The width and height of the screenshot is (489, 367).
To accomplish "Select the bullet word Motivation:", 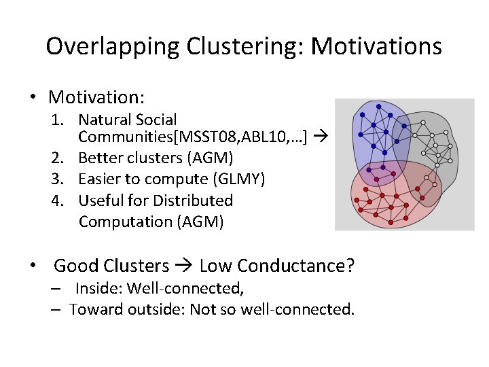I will click(97, 97).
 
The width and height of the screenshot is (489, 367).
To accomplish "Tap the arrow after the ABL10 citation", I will click(321, 138).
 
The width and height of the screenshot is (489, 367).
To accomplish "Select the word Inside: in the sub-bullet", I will click(99, 288).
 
